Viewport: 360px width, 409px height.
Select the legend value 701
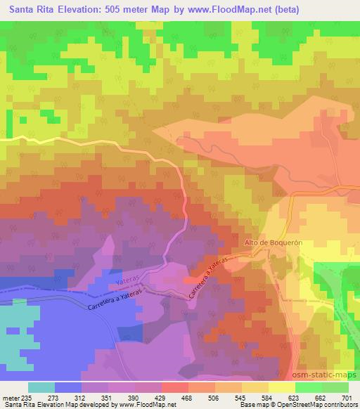pyautogui.click(x=347, y=397)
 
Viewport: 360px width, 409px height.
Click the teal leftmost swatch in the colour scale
pyautogui.click(x=42, y=387)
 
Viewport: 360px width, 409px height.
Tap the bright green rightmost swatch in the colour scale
pyautogui.click(x=336, y=387)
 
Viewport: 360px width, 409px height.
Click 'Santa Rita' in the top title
pyautogui.click(x=28, y=9)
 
